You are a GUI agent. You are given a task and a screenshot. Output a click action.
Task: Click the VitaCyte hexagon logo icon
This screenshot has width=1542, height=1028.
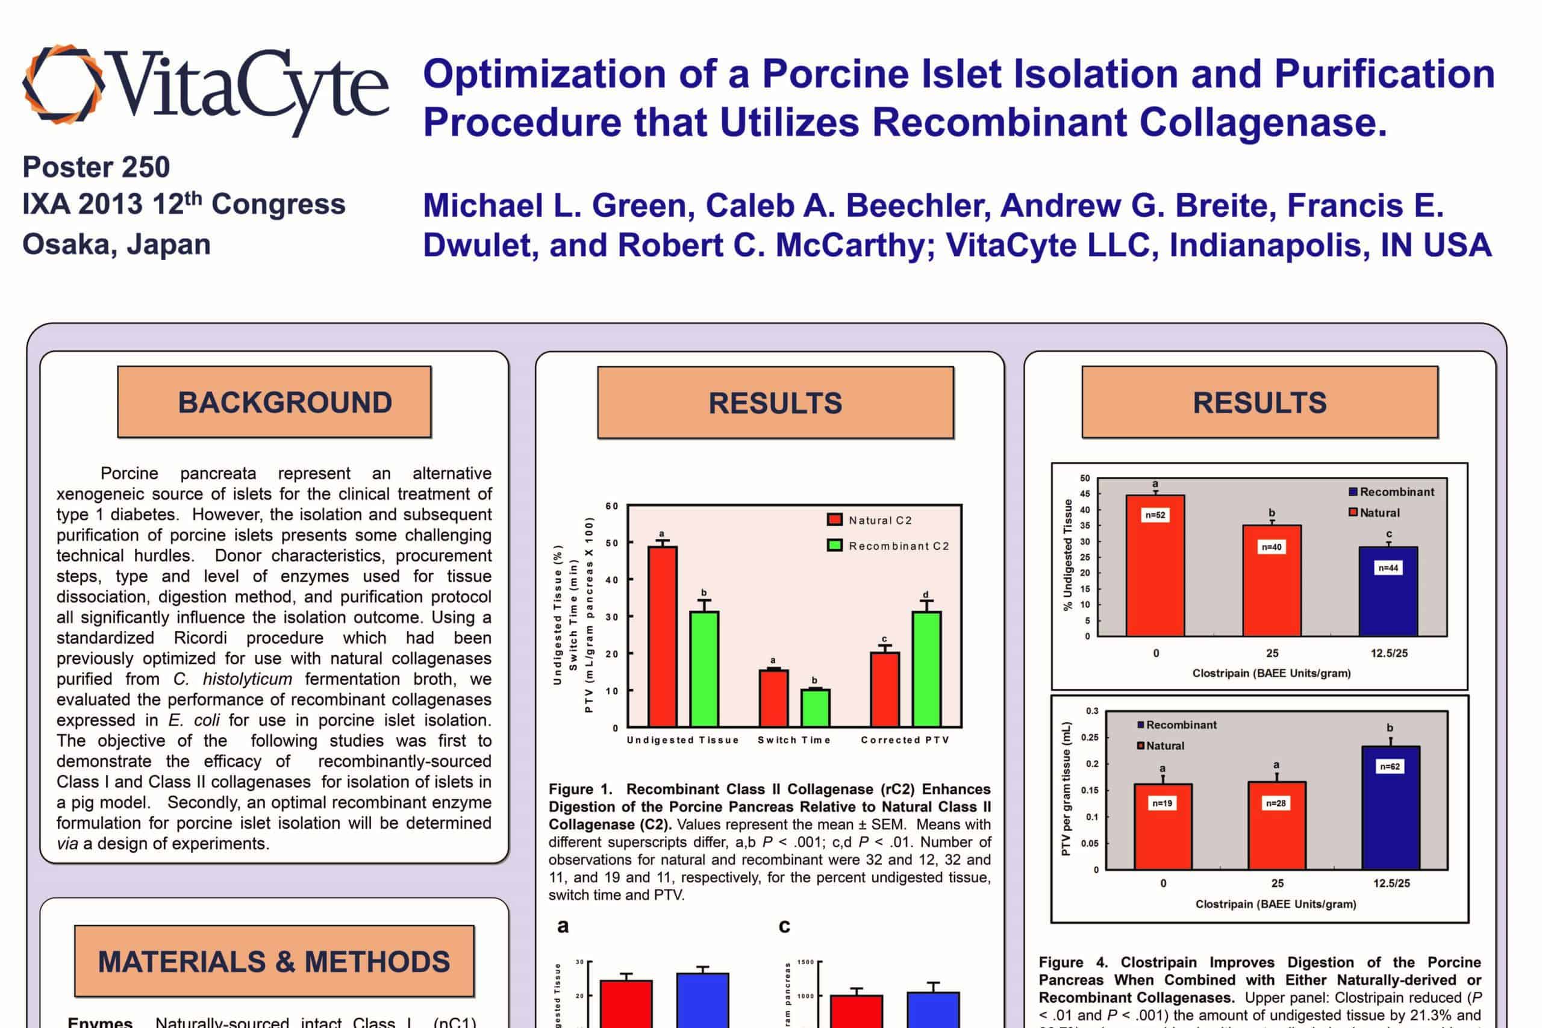[64, 84]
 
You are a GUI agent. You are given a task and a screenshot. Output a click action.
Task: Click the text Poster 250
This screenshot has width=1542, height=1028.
[96, 167]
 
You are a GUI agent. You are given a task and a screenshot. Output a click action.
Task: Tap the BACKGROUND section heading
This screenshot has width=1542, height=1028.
[284, 402]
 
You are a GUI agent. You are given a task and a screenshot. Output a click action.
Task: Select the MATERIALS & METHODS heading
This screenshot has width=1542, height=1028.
[274, 962]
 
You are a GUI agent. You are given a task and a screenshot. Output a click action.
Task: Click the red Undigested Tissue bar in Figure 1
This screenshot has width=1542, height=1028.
[662, 636]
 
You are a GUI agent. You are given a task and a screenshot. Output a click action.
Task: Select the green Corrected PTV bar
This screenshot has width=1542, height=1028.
[926, 668]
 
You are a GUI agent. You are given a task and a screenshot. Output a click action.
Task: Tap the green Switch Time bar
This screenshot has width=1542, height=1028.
[815, 708]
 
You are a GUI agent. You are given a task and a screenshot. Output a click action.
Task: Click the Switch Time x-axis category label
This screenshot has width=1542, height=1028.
[794, 740]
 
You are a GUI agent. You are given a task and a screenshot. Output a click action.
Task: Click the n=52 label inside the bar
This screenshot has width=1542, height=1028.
[1155, 516]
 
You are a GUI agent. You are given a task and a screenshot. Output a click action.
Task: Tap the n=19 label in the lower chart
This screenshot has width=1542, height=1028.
[1163, 803]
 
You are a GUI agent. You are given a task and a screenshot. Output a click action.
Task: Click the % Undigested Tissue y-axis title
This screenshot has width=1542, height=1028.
[1068, 555]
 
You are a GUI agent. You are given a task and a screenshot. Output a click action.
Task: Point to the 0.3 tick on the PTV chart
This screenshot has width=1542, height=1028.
[1091, 711]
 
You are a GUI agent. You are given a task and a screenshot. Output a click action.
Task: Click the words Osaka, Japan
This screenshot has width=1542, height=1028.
[117, 245]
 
